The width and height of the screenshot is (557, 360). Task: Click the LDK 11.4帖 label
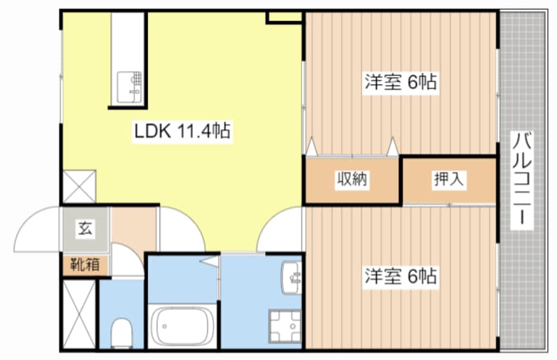(x=182, y=131)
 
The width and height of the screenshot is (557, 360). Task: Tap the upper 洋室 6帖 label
(x=400, y=83)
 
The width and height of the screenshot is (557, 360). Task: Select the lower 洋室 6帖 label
(x=400, y=276)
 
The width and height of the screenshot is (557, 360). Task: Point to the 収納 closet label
(x=352, y=179)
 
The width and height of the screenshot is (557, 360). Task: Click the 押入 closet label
(x=449, y=179)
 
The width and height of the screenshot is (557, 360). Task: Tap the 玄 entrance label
(x=86, y=229)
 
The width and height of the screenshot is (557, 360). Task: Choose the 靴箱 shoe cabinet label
(x=86, y=265)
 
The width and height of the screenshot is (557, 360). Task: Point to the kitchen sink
(x=129, y=87)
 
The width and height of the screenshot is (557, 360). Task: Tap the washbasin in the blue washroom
(x=290, y=276)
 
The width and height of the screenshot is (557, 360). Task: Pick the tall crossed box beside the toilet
(x=79, y=313)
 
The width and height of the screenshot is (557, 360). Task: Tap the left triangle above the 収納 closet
(x=311, y=145)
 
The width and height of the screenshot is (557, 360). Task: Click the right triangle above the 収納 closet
(x=393, y=145)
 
